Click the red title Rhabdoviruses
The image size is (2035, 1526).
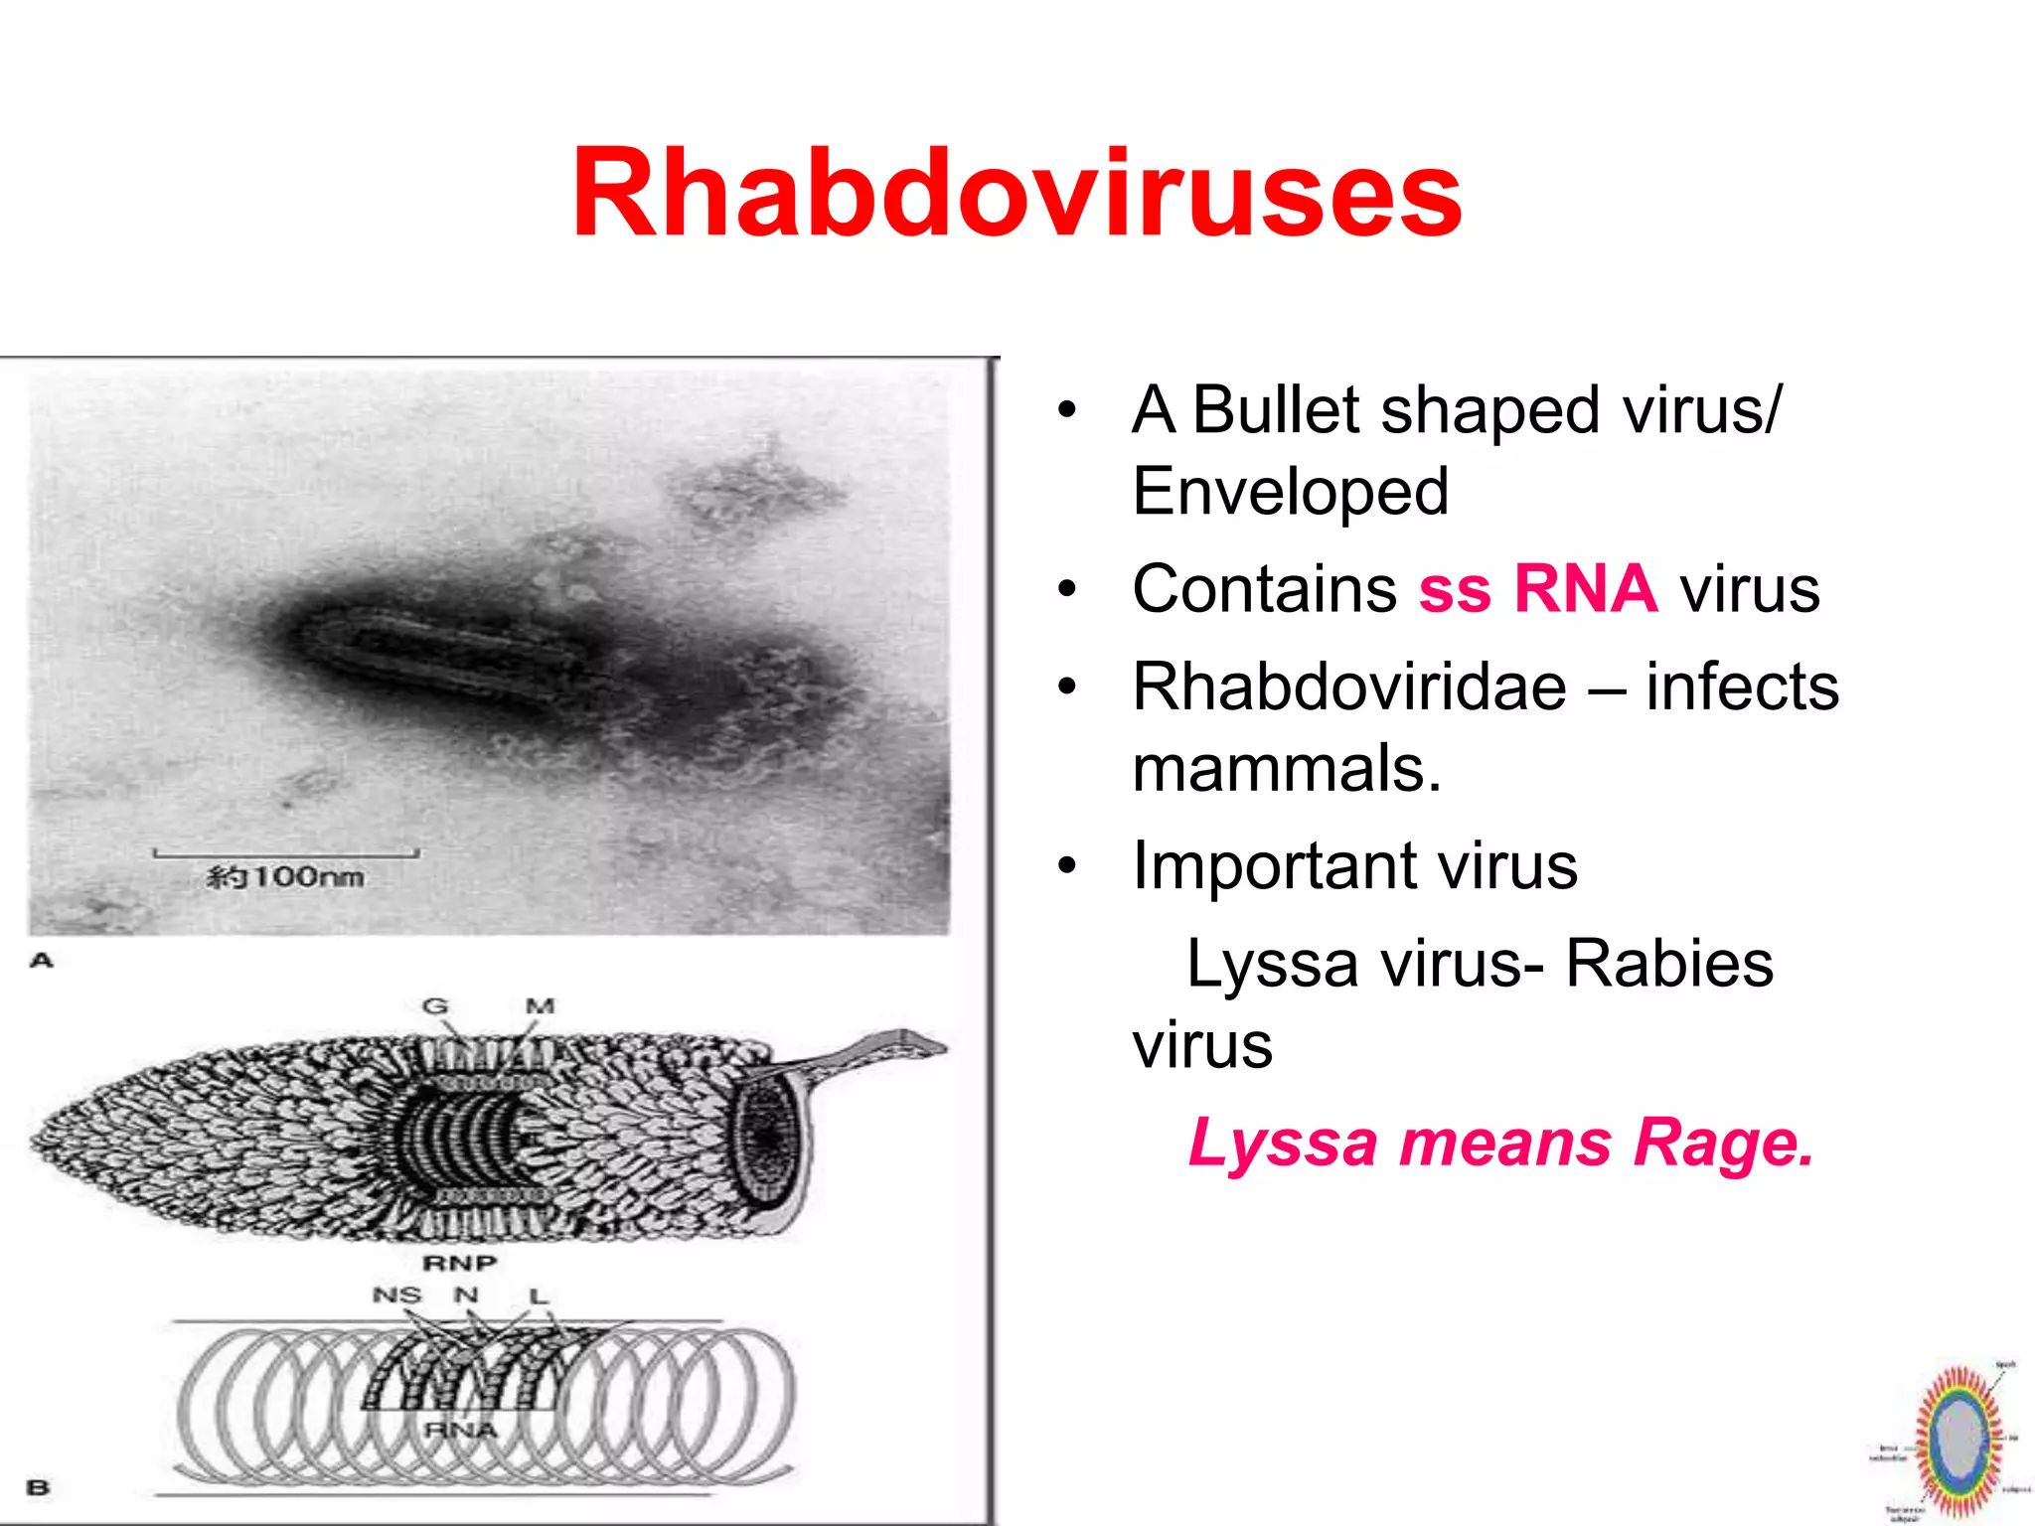[1016, 194]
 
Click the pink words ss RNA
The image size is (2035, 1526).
[1537, 589]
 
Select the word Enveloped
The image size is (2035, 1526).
[1290, 492]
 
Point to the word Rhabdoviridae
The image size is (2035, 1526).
[1348, 687]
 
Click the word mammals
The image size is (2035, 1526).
[1286, 769]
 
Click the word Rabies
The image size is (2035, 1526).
[1668, 964]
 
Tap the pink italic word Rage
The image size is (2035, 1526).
[1723, 1143]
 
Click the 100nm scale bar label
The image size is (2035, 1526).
[285, 877]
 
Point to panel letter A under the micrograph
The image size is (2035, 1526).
[41, 960]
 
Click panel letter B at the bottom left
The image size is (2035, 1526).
[38, 1487]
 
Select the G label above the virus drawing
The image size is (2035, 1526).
[435, 1006]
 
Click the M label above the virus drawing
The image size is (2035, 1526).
[540, 1006]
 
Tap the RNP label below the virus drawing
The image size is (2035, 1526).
[459, 1263]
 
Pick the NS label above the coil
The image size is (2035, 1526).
[396, 1296]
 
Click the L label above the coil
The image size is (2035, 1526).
[539, 1297]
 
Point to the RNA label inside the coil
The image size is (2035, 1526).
[460, 1430]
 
